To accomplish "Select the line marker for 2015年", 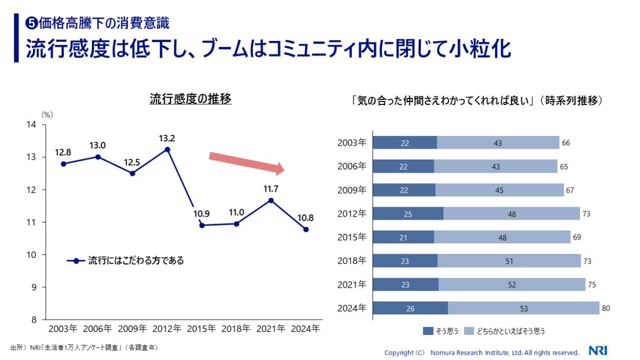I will [202, 225].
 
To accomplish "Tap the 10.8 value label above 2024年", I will [305, 218].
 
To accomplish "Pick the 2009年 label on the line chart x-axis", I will [132, 328].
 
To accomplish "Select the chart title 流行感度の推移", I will [190, 99].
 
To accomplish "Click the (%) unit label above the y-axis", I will [47, 114].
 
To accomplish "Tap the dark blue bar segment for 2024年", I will [410, 309].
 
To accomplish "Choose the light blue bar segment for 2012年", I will [512, 214].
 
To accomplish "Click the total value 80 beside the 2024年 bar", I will [606, 309].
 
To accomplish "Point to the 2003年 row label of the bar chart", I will [352, 143].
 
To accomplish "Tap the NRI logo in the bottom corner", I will [598, 351].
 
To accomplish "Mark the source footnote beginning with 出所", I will [84, 348].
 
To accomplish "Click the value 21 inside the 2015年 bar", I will [404, 237].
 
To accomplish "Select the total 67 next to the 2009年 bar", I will [570, 190].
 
